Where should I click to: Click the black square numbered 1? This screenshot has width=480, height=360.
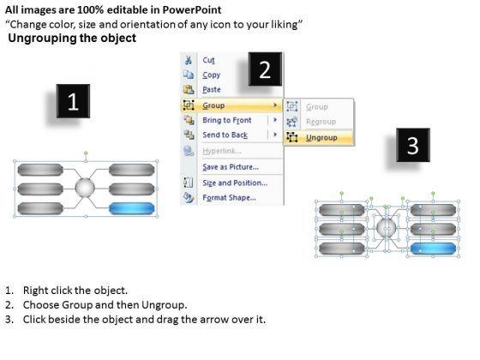click(73, 101)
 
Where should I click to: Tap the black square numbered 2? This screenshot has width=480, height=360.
click(265, 69)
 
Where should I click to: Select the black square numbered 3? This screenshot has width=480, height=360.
click(413, 145)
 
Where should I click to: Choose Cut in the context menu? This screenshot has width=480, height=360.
click(209, 60)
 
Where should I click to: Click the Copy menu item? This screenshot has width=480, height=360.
click(211, 75)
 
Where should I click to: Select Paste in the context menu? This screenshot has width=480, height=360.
click(212, 90)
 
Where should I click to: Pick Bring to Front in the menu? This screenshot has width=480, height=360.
click(227, 120)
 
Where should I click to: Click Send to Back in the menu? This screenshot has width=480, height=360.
click(225, 135)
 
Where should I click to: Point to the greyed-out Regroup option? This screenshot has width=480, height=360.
click(321, 122)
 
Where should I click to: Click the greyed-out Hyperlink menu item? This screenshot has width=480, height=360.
click(222, 151)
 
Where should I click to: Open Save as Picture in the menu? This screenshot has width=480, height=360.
click(231, 167)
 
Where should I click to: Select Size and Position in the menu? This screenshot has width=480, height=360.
click(235, 183)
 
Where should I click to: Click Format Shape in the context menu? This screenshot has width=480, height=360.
click(230, 197)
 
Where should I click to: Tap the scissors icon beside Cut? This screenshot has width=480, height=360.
click(189, 60)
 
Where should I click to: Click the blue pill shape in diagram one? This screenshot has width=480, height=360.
click(132, 208)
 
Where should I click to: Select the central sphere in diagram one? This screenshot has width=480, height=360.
click(85, 188)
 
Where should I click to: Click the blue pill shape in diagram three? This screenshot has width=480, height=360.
click(433, 249)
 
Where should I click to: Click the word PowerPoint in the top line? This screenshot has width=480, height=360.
click(192, 9)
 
